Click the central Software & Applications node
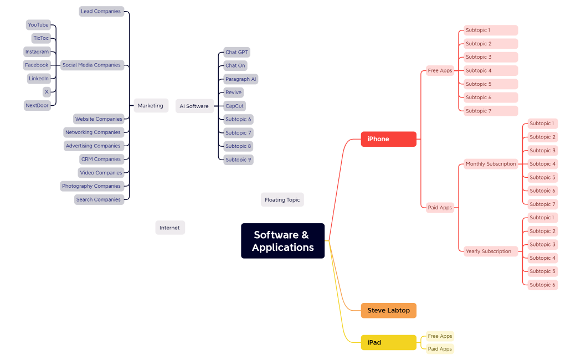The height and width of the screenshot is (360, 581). click(282, 241)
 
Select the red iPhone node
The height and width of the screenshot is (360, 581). click(388, 139)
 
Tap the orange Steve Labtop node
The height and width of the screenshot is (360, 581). click(388, 311)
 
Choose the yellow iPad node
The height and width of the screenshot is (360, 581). click(388, 342)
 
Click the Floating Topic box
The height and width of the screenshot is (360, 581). click(282, 200)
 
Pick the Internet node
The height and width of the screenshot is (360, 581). click(169, 228)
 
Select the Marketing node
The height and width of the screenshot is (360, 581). click(151, 106)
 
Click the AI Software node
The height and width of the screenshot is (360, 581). click(194, 106)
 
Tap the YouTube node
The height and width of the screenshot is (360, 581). click(38, 25)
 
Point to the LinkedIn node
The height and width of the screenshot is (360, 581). click(39, 79)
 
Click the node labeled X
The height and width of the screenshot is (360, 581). click(47, 92)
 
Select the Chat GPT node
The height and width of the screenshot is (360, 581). click(236, 52)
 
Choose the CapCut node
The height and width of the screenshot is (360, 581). click(234, 106)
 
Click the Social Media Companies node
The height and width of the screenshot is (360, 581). click(91, 65)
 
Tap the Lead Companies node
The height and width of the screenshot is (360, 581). click(101, 11)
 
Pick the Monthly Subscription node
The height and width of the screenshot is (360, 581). click(491, 164)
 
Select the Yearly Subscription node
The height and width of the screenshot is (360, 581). click(489, 251)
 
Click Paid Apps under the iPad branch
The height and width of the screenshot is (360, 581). click(440, 349)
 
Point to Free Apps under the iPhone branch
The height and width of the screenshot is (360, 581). click(440, 70)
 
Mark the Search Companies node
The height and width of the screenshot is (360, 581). click(99, 199)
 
